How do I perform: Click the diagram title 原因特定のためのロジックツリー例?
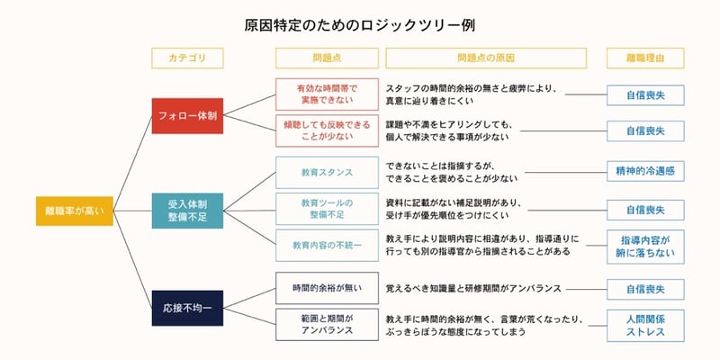[359, 26]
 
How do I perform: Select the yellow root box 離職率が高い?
[75, 211]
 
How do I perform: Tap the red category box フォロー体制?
[187, 116]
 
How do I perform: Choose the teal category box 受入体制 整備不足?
[187, 211]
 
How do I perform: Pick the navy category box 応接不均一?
[187, 308]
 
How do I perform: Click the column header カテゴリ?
[187, 58]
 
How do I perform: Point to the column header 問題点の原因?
[486, 58]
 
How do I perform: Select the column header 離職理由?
[645, 58]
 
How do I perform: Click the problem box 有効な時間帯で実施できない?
[327, 94]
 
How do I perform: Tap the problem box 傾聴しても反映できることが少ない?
[327, 130]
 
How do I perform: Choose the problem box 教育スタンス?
[327, 173]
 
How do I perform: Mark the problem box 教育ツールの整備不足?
[327, 209]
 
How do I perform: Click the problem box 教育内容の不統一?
[327, 245]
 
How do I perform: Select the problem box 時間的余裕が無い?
[327, 288]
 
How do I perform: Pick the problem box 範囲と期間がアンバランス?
[327, 325]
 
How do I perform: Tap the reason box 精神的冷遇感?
[645, 171]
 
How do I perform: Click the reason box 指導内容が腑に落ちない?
[645, 247]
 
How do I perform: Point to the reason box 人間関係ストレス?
[645, 326]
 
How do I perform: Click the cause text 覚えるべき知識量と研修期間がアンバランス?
[473, 288]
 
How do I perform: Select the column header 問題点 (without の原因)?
[327, 58]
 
